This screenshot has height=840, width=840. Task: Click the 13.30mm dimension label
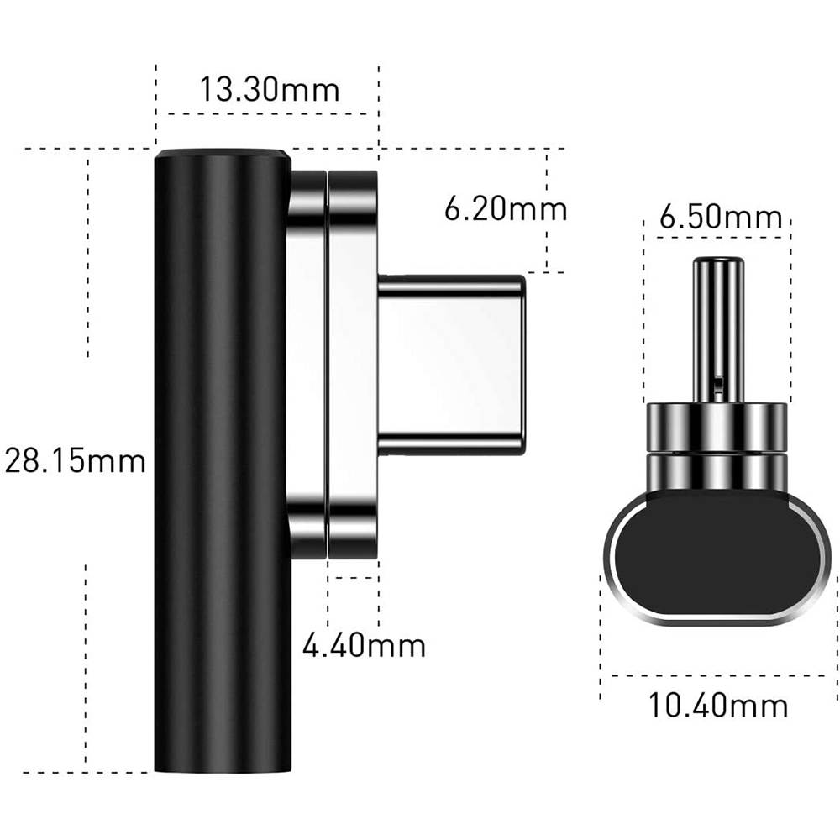[269, 88]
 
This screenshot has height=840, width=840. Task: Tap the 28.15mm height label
[76, 460]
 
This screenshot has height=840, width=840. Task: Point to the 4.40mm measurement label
[364, 645]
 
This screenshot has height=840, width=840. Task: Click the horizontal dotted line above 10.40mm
[721, 675]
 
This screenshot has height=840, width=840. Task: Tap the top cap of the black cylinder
[223, 154]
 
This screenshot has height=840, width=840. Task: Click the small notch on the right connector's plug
[718, 383]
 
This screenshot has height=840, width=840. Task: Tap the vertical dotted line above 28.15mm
[87, 252]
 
